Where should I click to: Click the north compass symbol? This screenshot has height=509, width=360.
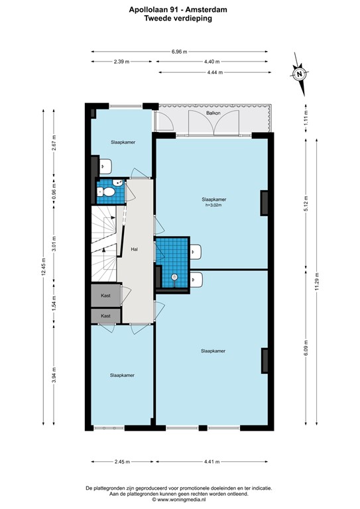pos(300,74)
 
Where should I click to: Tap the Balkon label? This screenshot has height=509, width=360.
pos(213,113)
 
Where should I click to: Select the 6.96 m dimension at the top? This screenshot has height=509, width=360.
pos(179,51)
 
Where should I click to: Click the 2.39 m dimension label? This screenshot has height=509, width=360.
pos(121,62)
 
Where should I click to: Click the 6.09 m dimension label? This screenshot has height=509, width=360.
pos(306,347)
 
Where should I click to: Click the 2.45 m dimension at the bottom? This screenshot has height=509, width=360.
pos(121,462)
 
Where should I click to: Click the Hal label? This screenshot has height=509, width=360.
pos(134,249)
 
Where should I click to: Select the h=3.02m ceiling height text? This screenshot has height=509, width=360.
pos(214,205)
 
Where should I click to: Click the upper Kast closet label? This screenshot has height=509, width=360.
pos(106,295)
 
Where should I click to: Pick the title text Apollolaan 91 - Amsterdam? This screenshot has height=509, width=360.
pos(180,10)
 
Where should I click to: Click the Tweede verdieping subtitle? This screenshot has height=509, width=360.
pos(180,19)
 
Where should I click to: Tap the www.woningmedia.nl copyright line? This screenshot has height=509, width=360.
pos(180,501)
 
